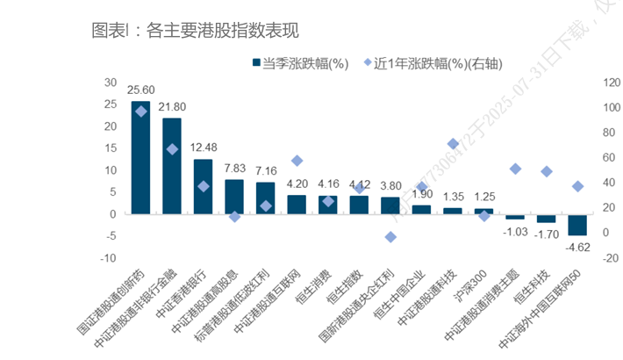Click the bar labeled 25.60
point(140,158)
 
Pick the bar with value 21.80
point(172,166)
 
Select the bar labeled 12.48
point(203,186)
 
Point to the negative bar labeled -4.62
point(577,224)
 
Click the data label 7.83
point(234,169)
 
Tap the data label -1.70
point(547,234)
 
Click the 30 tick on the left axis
point(111,82)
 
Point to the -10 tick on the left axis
point(109,257)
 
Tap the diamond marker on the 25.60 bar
point(140,112)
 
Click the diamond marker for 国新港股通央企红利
point(390,237)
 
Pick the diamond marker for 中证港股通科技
point(453,144)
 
